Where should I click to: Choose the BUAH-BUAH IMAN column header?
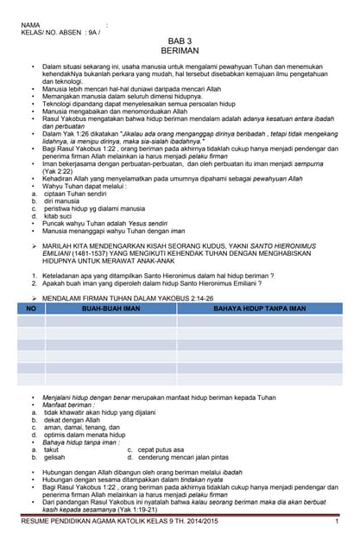(x=111, y=308)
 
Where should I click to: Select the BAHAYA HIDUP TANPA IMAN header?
(x=259, y=308)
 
